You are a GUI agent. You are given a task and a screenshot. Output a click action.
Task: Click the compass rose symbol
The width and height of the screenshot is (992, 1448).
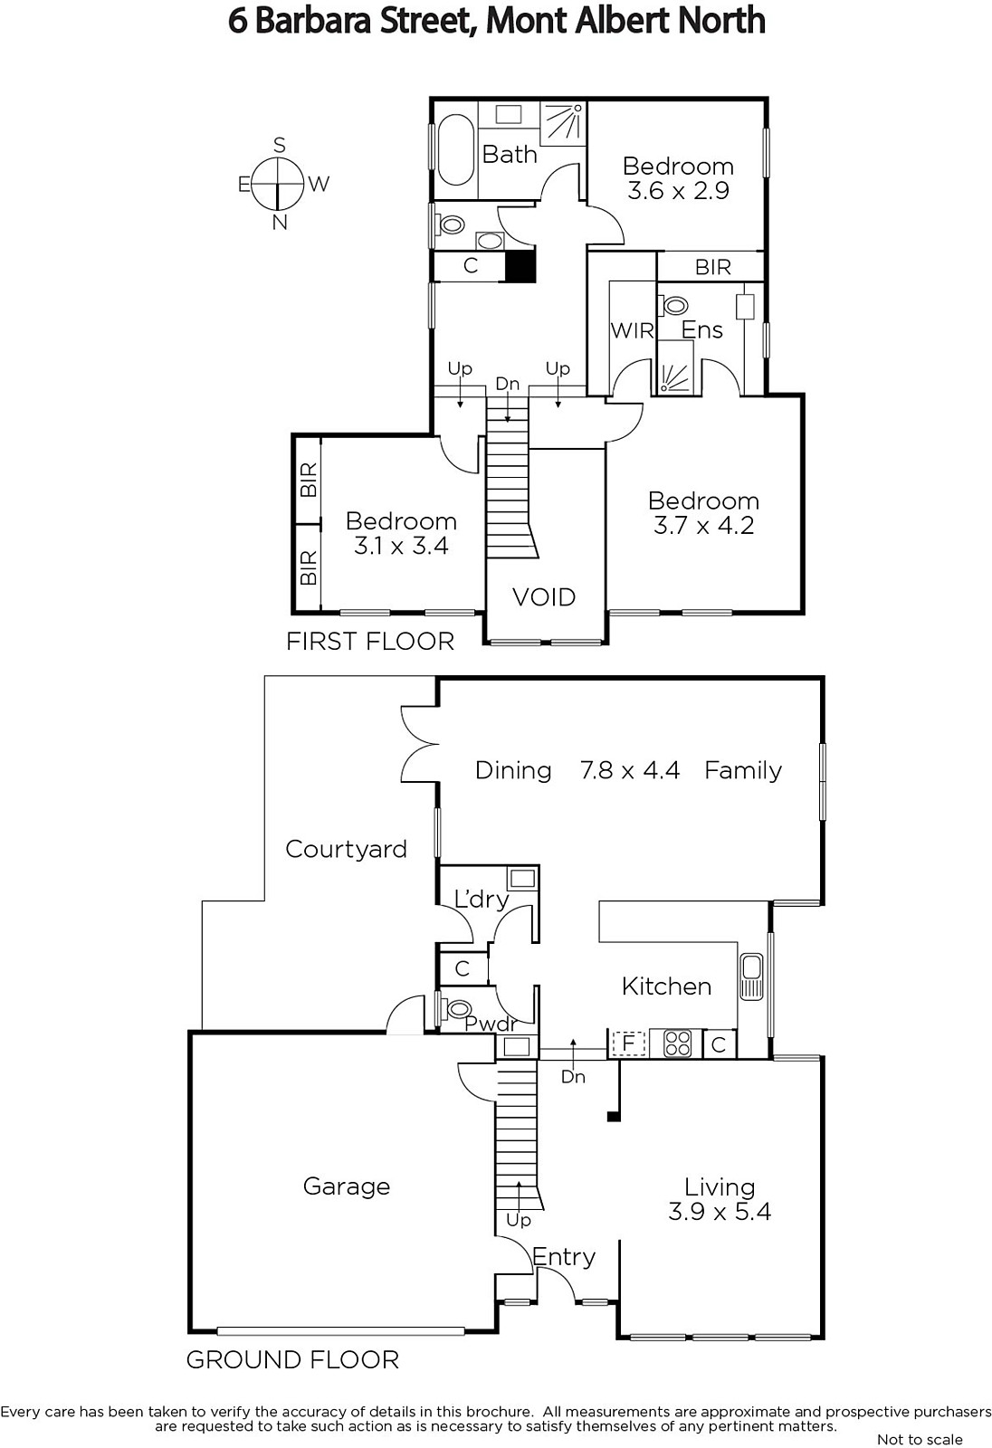(x=278, y=184)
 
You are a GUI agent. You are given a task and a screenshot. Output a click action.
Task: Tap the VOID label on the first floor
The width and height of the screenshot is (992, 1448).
(x=544, y=597)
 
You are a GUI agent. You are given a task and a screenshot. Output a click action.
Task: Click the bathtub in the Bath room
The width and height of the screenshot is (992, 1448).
(x=455, y=150)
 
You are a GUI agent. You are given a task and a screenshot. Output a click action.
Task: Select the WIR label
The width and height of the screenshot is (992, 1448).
(x=633, y=331)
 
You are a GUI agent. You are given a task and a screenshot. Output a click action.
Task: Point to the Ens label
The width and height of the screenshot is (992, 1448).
(x=701, y=330)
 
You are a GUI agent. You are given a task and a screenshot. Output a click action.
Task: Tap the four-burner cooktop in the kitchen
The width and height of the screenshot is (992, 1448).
(x=678, y=1044)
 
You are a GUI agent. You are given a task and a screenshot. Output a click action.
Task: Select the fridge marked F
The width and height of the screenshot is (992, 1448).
(x=628, y=1043)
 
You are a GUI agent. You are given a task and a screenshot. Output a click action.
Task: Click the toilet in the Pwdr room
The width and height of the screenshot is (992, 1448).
(x=454, y=1009)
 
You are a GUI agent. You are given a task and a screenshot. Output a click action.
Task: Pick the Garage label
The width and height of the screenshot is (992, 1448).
(x=347, y=1186)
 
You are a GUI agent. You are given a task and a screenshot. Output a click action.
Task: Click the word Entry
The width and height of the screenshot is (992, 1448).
(x=563, y=1257)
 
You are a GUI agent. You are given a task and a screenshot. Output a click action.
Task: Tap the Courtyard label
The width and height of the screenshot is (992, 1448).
(x=346, y=849)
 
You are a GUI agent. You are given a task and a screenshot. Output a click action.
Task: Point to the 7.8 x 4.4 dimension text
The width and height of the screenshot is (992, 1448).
(x=630, y=770)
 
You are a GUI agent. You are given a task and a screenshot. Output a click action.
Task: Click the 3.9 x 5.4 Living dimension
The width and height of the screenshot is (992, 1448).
(x=719, y=1211)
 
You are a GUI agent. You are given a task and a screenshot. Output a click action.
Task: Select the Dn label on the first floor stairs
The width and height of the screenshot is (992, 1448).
(x=508, y=384)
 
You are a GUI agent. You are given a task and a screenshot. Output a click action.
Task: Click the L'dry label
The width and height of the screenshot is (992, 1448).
(x=482, y=900)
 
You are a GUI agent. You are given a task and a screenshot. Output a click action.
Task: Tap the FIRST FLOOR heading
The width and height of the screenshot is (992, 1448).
(x=370, y=642)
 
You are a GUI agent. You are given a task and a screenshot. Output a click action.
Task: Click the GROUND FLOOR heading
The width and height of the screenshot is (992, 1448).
(x=292, y=1360)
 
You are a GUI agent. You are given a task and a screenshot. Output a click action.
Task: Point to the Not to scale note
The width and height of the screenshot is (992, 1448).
(x=920, y=1440)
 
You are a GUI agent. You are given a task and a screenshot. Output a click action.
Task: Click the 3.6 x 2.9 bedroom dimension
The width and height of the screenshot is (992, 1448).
(x=678, y=191)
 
